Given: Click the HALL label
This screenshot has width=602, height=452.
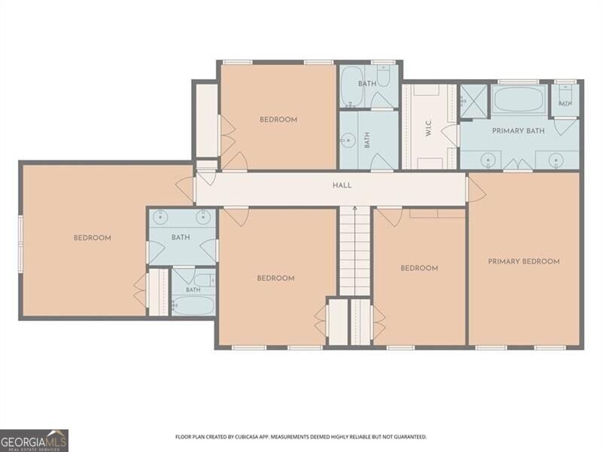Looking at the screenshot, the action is [342, 185].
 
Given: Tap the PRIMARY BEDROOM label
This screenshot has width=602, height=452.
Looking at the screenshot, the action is [524, 261].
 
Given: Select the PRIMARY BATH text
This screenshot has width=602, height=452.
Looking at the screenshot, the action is [518, 130].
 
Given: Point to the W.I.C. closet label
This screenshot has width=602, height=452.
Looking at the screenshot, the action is [429, 127].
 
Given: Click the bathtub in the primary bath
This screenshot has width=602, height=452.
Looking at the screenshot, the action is [518, 99].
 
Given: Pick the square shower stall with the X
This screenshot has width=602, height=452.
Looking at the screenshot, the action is [474, 101].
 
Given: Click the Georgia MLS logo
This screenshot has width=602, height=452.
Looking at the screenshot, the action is [34, 441].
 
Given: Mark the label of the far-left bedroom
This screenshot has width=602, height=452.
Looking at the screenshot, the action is [92, 238].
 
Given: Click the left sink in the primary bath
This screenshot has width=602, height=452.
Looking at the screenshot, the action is [488, 160].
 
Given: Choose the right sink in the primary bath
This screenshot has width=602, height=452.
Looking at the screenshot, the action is [555, 160].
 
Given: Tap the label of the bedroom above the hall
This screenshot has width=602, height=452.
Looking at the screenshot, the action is [278, 120].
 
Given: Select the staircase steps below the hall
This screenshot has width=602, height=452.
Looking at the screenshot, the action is [355, 252].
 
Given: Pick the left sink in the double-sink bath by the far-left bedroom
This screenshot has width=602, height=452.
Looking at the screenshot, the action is [160, 217].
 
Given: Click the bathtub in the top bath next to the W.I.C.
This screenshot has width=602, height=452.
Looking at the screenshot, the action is [352, 87].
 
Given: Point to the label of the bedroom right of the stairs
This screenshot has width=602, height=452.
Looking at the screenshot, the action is [419, 268].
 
